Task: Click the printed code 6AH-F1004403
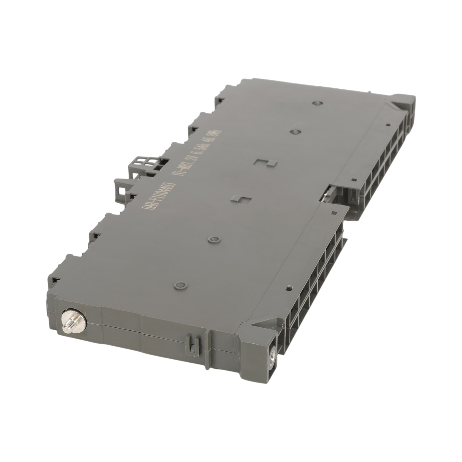coord(155,192)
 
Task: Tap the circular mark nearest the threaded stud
coord(180,286)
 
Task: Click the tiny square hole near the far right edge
coord(387,125)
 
